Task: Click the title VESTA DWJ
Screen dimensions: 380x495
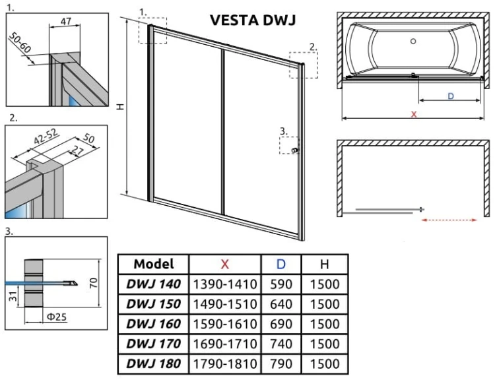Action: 253,20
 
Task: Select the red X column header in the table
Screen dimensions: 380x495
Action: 224,265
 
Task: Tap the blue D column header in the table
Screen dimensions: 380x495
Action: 281,265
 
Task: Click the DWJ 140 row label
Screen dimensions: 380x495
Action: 153,285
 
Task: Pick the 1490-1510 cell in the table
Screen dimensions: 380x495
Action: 224,305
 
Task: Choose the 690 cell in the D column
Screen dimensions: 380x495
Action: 281,324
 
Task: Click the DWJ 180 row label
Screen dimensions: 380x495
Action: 153,363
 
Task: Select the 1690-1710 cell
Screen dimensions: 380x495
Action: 224,344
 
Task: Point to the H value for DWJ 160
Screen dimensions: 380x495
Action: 323,324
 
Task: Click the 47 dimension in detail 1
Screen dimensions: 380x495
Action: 66,22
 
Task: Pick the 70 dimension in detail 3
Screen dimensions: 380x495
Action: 94,283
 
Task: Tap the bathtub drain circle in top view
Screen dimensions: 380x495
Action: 413,42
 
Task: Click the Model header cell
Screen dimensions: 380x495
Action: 153,265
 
